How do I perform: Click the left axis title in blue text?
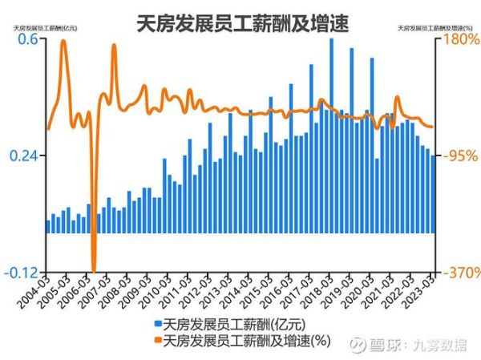point(43,29)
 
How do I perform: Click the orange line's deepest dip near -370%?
point(94,269)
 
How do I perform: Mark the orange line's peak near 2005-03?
point(63,42)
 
